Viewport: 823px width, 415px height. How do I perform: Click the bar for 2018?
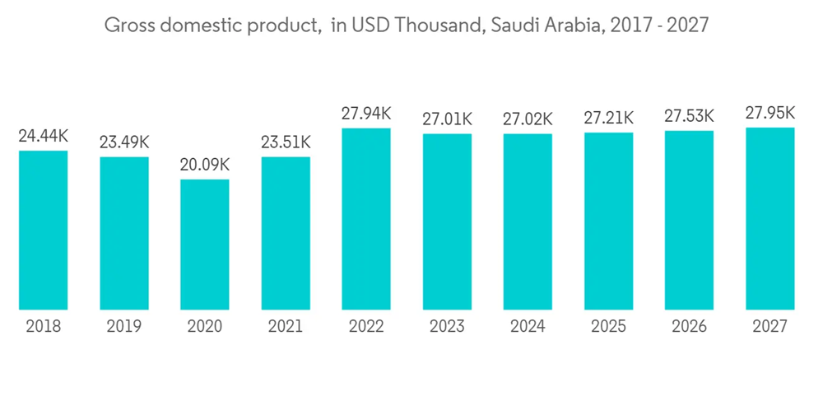coord(43,231)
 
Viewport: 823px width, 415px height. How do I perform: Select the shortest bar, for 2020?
coord(205,245)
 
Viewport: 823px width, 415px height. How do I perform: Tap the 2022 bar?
coord(366,219)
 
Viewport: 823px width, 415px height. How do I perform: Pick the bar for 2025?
coord(609,221)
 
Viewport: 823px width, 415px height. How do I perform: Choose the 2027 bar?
coord(770,219)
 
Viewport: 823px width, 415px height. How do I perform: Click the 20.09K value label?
coord(205,165)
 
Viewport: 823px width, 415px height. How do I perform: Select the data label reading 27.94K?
coord(366,114)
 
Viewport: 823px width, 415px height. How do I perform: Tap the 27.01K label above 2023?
coord(447,119)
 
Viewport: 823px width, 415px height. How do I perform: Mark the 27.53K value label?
coord(690,116)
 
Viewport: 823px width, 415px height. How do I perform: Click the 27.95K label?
coord(770,113)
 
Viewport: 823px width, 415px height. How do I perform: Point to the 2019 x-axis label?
coord(123,327)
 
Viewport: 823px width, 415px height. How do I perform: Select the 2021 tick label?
coord(286,327)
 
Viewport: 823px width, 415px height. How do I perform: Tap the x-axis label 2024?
coord(528,327)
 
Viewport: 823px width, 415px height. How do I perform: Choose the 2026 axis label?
coord(690,327)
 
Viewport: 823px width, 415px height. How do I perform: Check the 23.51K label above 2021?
coord(286,142)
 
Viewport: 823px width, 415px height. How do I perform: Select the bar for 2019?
coord(123,234)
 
